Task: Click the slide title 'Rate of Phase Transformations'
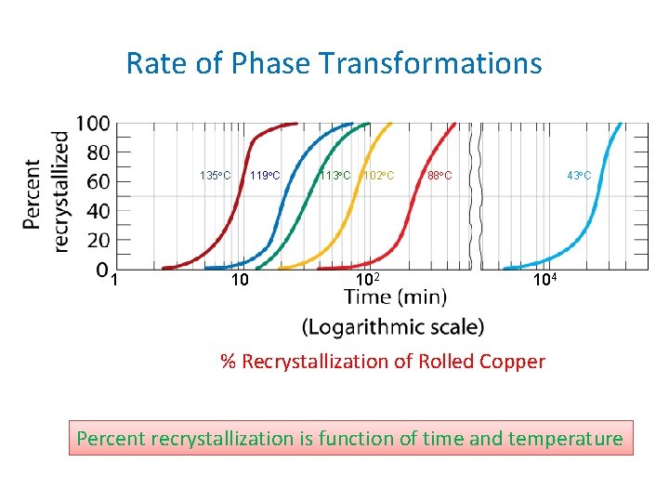[334, 63]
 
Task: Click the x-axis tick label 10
[239, 280]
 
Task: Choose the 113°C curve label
[334, 176]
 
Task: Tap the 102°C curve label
[378, 176]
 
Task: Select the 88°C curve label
[439, 176]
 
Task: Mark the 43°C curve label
[580, 176]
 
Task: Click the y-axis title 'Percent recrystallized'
[46, 192]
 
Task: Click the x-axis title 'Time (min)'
[395, 297]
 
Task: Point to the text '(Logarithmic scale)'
[393, 326]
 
